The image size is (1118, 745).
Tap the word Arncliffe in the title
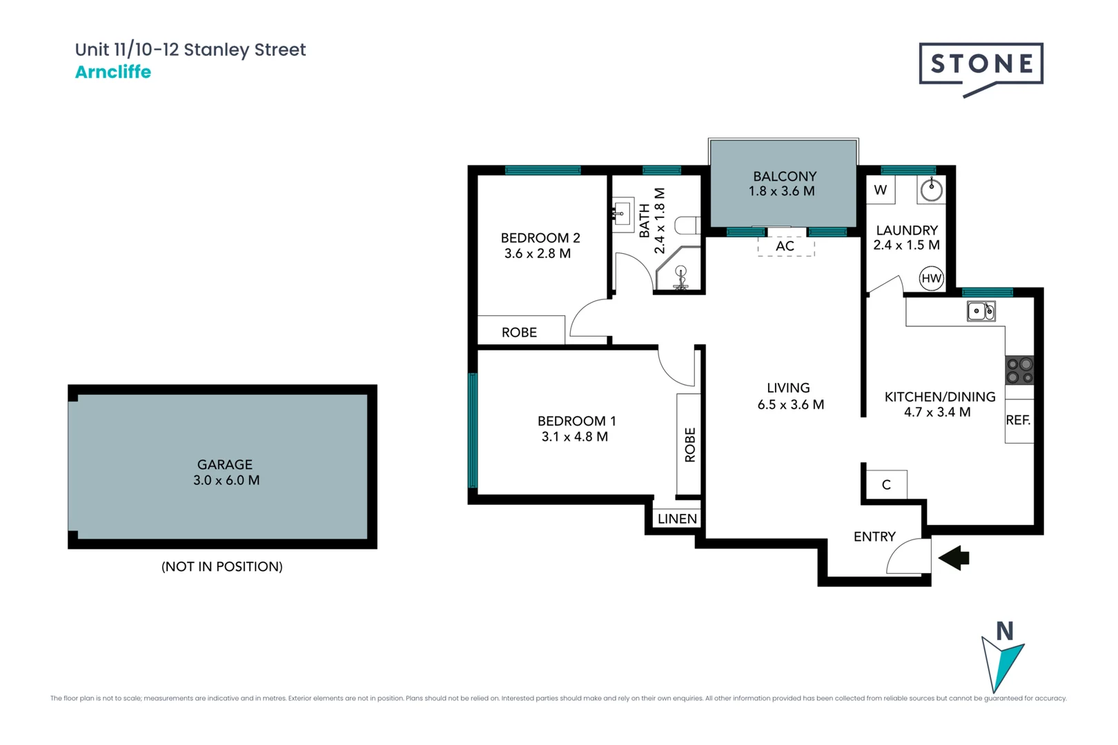pyautogui.click(x=113, y=72)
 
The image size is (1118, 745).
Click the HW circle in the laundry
pyautogui.click(x=931, y=279)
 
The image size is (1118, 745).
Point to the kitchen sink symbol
pyautogui.click(x=981, y=311)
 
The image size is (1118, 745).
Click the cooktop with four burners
pyautogui.click(x=1019, y=370)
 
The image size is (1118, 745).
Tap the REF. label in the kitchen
pyautogui.click(x=1018, y=420)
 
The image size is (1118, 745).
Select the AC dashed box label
pyautogui.click(x=785, y=246)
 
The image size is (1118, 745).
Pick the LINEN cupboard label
pyautogui.click(x=677, y=519)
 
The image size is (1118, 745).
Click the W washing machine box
pyautogui.click(x=881, y=190)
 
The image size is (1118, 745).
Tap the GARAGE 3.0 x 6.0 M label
pyautogui.click(x=226, y=473)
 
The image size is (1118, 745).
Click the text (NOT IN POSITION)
pyautogui.click(x=222, y=567)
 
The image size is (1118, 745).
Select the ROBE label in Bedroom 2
pyautogui.click(x=520, y=332)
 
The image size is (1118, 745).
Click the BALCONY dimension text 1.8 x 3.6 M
pyautogui.click(x=782, y=192)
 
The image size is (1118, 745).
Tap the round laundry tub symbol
pyautogui.click(x=932, y=190)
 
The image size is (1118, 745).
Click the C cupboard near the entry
pyautogui.click(x=886, y=485)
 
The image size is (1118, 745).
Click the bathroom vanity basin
pyautogui.click(x=622, y=214)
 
